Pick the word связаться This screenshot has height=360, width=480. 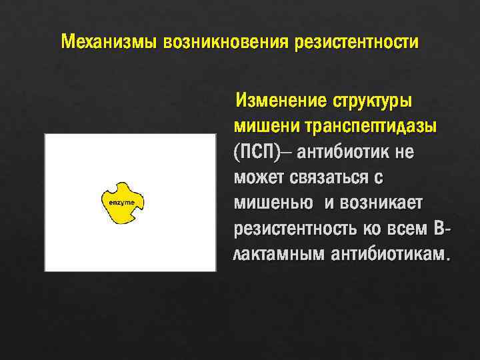(334, 177)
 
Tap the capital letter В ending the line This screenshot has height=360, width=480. (438, 229)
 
